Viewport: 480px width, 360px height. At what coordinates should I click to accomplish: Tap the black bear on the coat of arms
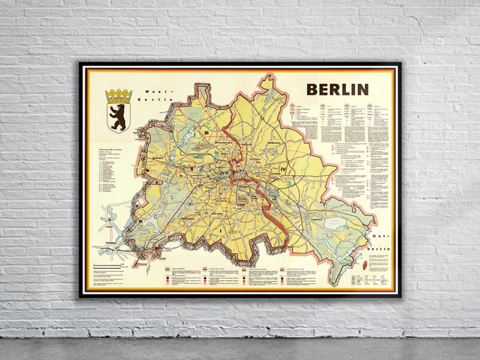pyautogui.click(x=118, y=115)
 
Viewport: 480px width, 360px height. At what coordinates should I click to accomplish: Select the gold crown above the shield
pyautogui.click(x=118, y=95)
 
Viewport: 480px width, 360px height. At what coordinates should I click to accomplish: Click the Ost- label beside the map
pyautogui.click(x=379, y=238)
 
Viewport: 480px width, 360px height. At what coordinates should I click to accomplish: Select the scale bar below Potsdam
pyautogui.click(x=112, y=266)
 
